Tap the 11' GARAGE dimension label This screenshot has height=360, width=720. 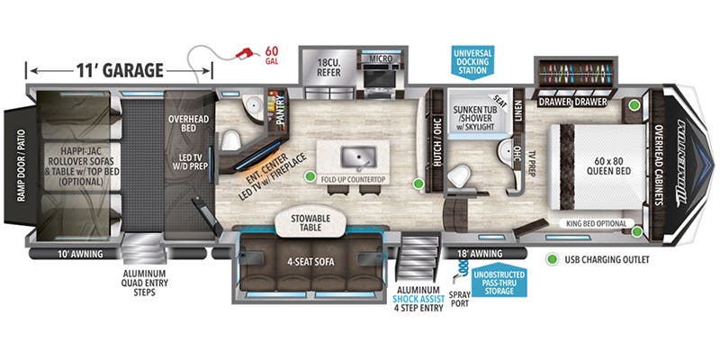pos(120,70)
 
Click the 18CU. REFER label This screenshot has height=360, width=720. pos(328,66)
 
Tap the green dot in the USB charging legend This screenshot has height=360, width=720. pos(551,260)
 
